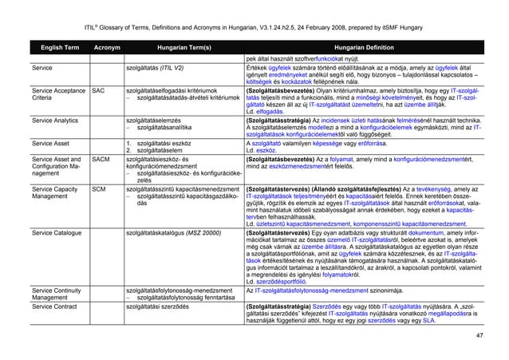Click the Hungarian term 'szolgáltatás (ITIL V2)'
pyautogui.click(x=167, y=69)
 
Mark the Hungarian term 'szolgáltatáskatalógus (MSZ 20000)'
pyautogui.click(x=182, y=231)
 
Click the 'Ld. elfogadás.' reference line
pyautogui.click(x=266, y=110)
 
